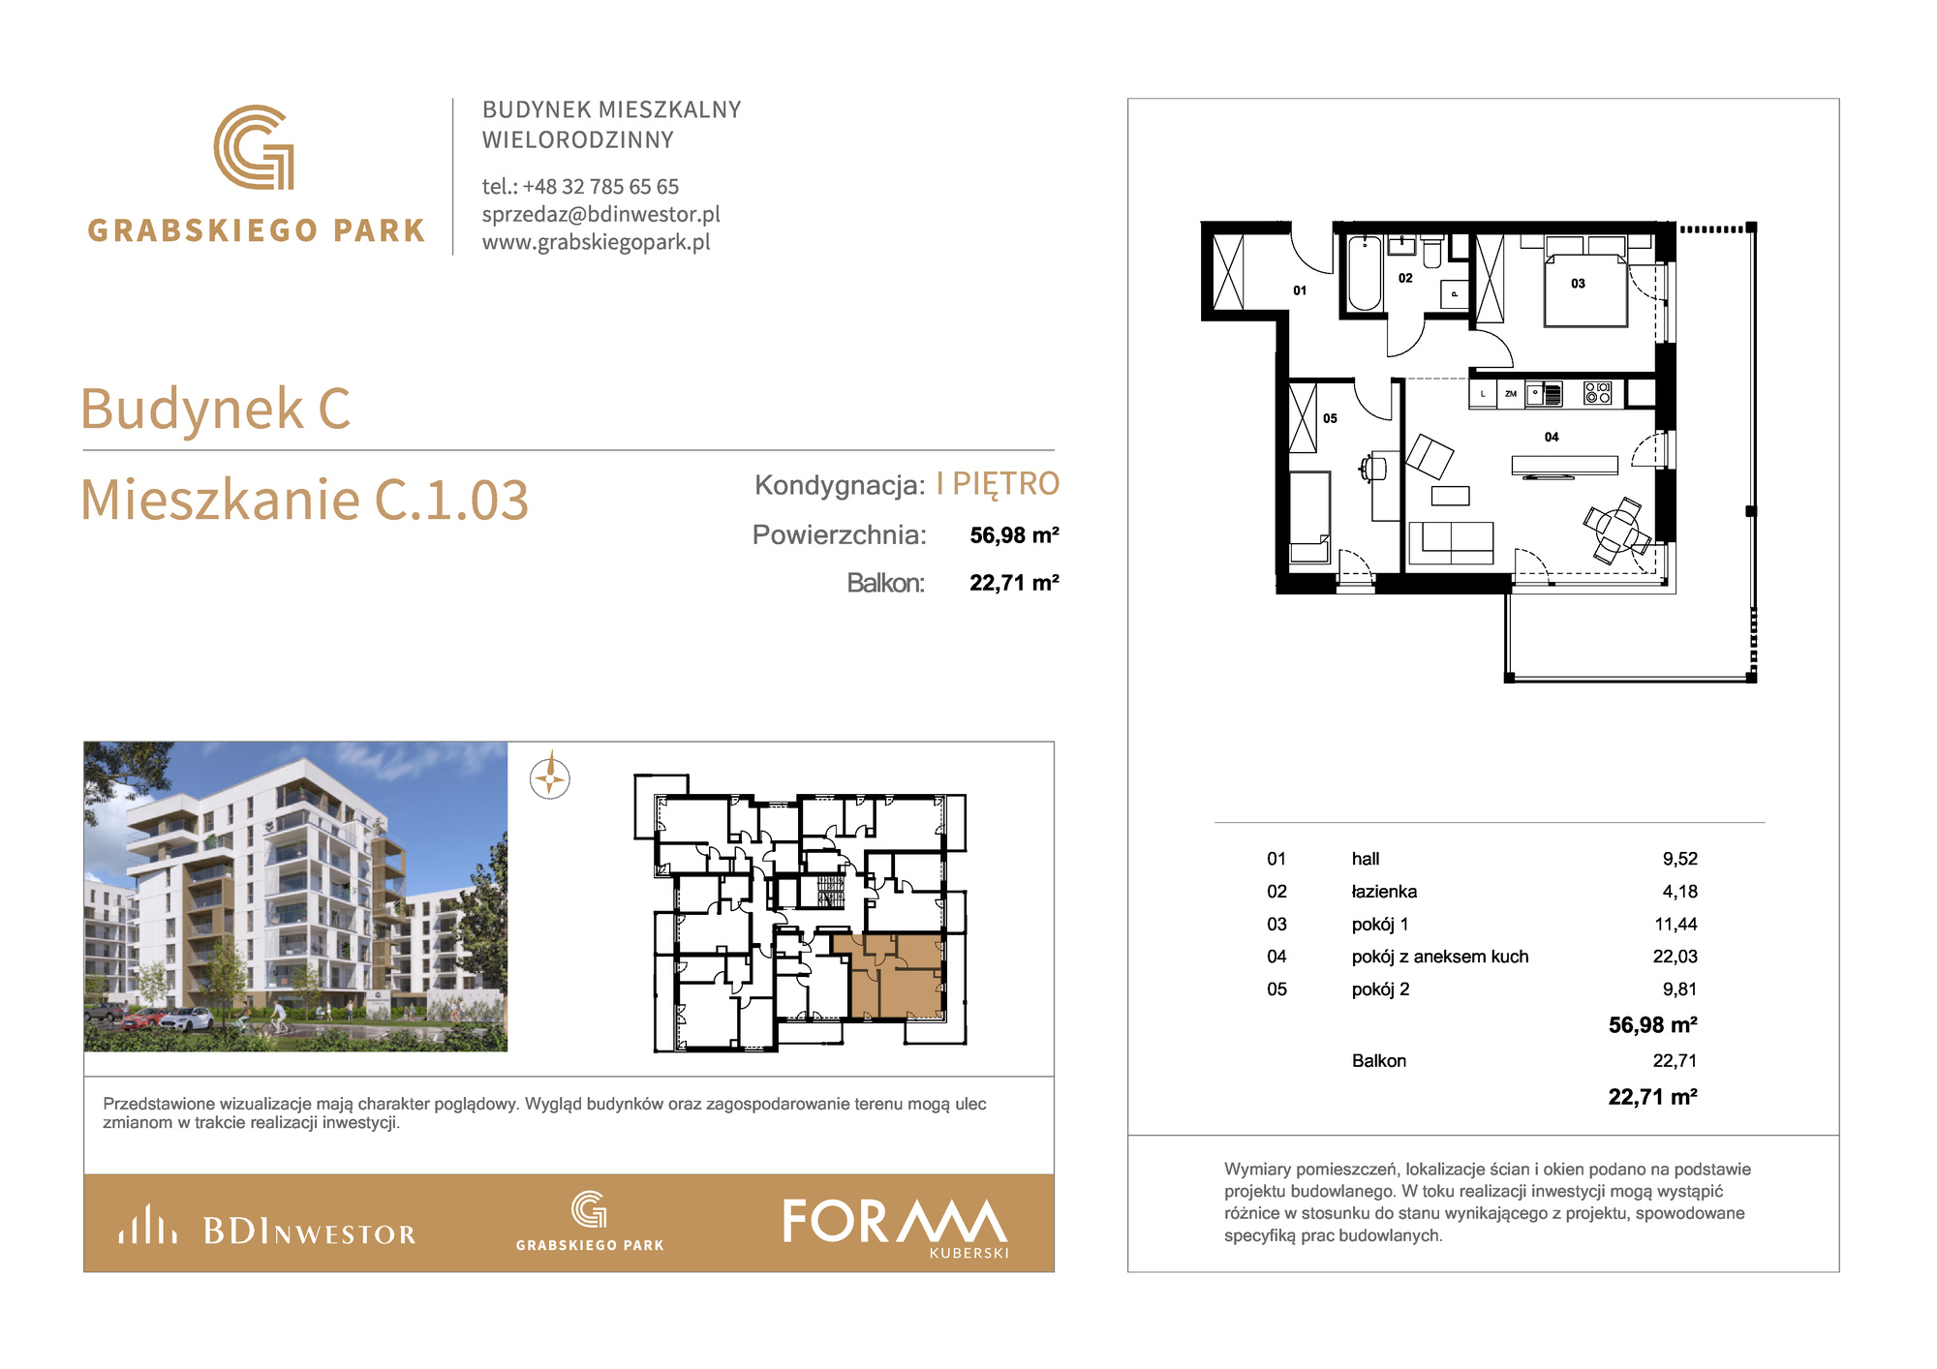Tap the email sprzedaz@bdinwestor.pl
(601, 214)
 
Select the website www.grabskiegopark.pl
(597, 242)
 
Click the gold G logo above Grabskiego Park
(254, 147)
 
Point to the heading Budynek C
(215, 408)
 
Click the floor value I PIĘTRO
(998, 483)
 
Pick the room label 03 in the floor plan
(1578, 284)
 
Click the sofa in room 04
(1451, 542)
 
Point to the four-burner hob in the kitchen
(1597, 392)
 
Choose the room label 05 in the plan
(1330, 418)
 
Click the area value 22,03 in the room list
(1675, 957)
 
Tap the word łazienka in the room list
(1384, 892)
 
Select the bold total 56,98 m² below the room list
(1652, 1024)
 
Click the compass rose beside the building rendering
(550, 777)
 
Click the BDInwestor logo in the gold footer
(267, 1225)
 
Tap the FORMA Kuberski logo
(896, 1227)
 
